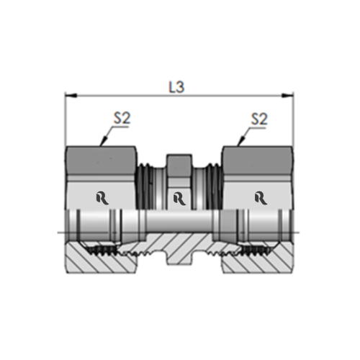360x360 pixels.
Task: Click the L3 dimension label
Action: click(176, 87)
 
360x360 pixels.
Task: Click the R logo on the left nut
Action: click(102, 197)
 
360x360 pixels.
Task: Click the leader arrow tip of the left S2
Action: click(101, 145)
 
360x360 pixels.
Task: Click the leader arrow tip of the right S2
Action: click(237, 145)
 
